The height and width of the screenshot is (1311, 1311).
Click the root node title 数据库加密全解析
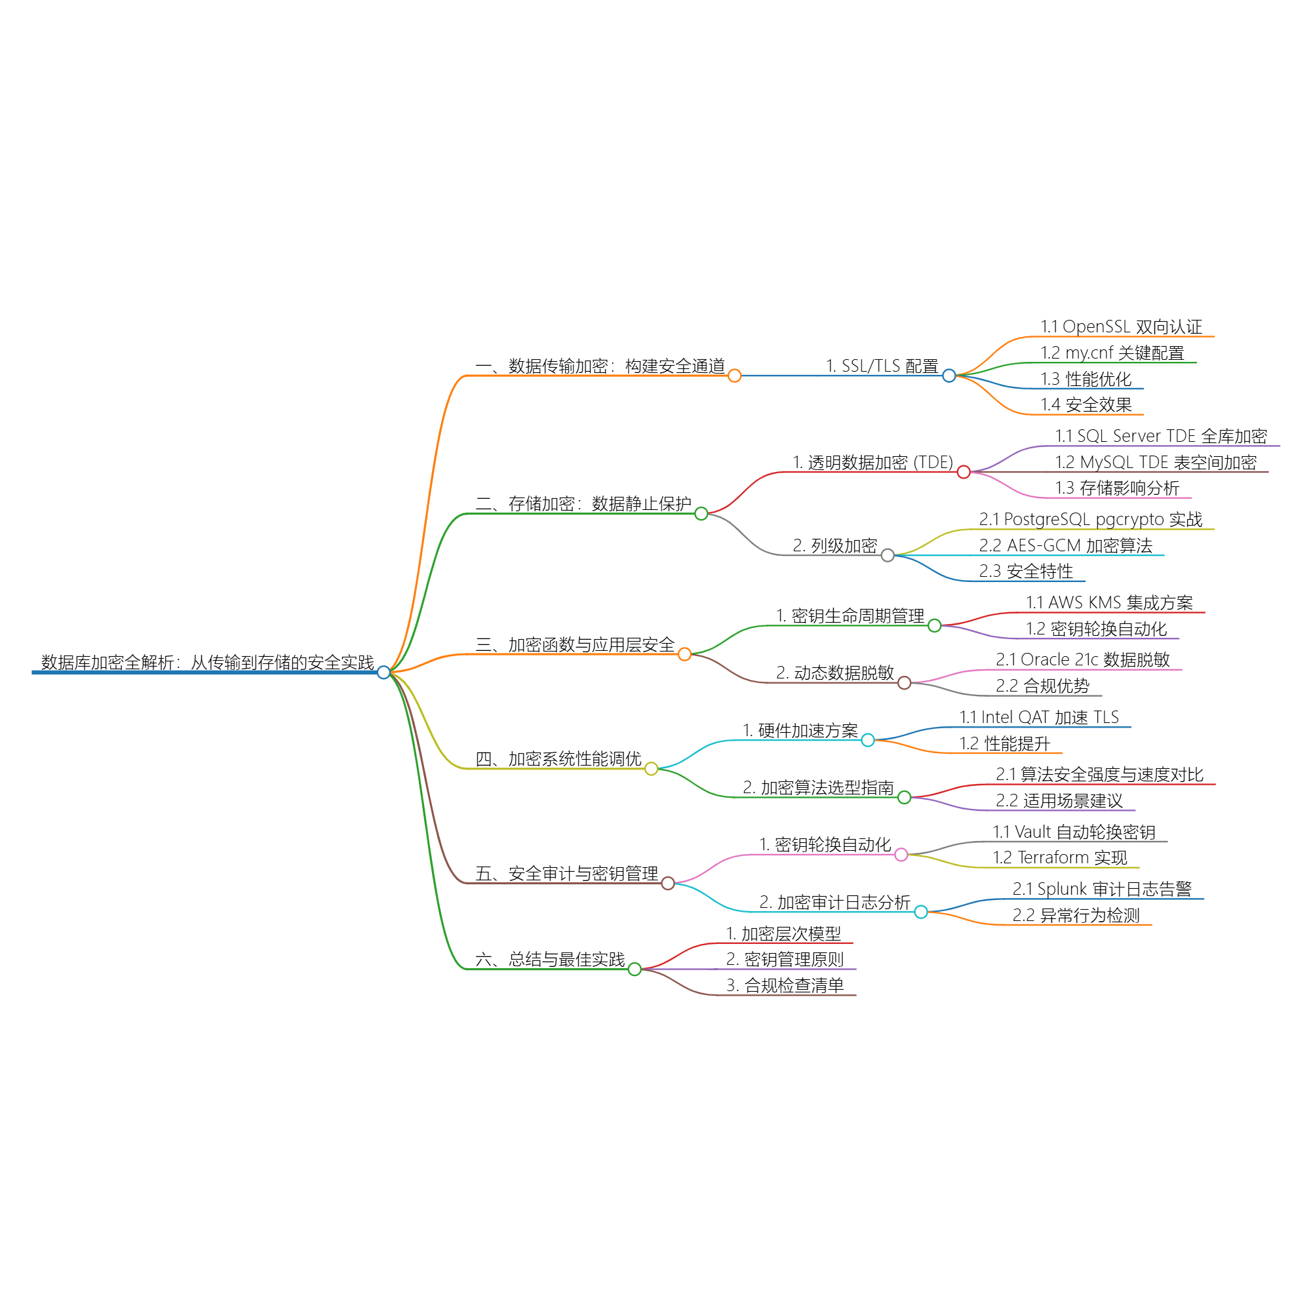(x=207, y=662)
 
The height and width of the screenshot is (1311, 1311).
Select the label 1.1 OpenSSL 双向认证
(x=1121, y=327)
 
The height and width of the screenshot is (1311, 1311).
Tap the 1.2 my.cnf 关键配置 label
(x=1112, y=353)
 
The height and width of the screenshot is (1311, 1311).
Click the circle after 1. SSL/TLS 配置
(x=949, y=376)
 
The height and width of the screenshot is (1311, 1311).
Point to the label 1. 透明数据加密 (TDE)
(x=872, y=463)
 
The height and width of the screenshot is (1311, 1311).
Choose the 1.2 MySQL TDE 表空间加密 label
(x=1156, y=463)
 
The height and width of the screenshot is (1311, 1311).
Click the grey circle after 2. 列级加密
(x=888, y=556)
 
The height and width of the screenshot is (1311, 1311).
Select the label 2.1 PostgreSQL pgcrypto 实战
(x=1091, y=520)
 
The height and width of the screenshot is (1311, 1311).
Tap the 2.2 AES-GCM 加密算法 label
(x=1065, y=545)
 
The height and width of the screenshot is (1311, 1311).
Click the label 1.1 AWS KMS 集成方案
(x=1109, y=602)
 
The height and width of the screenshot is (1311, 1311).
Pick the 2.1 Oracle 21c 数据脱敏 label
(x=1083, y=659)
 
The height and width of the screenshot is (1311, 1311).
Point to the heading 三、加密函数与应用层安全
(x=575, y=644)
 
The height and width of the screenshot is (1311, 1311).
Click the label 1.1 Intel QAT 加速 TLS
(x=1039, y=717)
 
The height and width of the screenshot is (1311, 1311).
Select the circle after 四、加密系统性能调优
(x=652, y=769)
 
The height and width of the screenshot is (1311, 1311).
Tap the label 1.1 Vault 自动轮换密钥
(x=1074, y=832)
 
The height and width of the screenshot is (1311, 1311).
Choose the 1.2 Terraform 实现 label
(x=1060, y=857)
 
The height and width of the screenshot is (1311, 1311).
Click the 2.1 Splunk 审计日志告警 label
(x=1102, y=889)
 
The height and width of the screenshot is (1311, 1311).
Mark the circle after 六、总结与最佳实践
(x=635, y=969)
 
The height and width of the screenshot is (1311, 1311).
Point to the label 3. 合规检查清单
(x=785, y=986)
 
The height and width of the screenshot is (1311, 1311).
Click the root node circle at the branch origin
(x=384, y=673)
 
